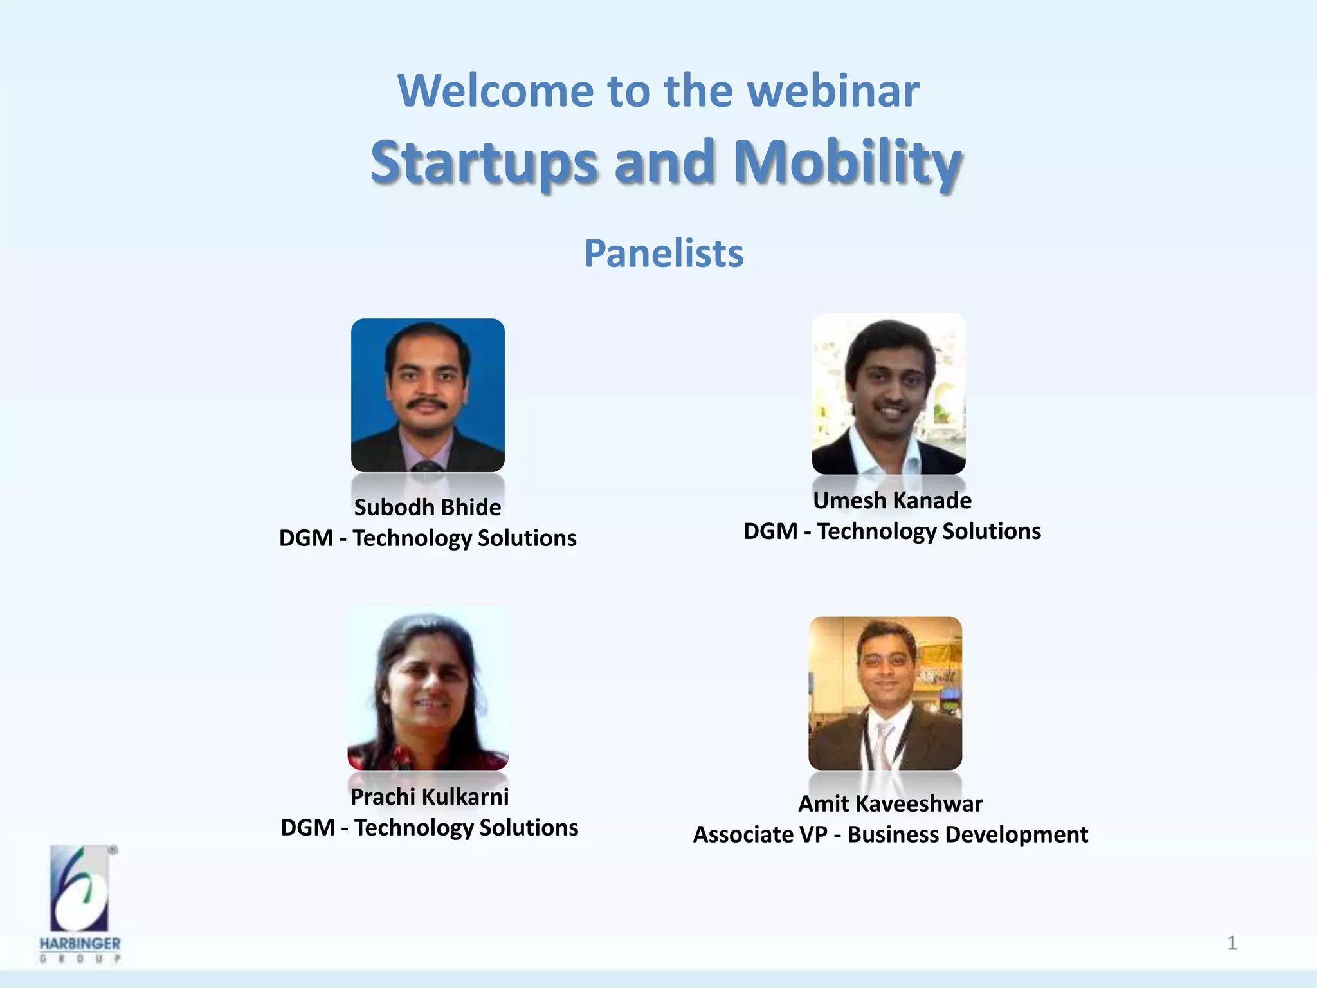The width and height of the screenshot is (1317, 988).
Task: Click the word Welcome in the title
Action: pyautogui.click(x=495, y=91)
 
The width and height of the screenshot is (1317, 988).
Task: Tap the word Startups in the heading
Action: pyautogui.click(x=484, y=161)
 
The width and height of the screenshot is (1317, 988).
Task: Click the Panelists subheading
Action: pyautogui.click(x=664, y=253)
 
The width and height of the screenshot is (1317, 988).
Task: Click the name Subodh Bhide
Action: pyautogui.click(x=428, y=508)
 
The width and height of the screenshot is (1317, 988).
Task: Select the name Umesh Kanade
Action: pyautogui.click(x=892, y=500)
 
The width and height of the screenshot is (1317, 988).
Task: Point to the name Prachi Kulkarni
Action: pyautogui.click(x=429, y=797)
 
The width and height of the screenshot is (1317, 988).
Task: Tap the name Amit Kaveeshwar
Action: pyautogui.click(x=890, y=804)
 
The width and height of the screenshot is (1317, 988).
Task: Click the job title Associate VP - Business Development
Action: pyautogui.click(x=890, y=835)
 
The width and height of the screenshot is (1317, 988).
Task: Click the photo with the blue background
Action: pyautogui.click(x=428, y=395)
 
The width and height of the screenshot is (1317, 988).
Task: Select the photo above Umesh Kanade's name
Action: pyautogui.click(x=889, y=394)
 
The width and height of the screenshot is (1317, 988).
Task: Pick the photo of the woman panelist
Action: pyautogui.click(x=428, y=688)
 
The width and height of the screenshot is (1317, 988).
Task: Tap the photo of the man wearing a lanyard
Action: pyautogui.click(x=885, y=693)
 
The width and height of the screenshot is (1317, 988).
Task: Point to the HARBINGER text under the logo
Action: pyautogui.click(x=80, y=944)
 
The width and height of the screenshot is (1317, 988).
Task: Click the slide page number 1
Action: pyautogui.click(x=1231, y=943)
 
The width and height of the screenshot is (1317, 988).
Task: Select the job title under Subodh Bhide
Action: pyautogui.click(x=428, y=538)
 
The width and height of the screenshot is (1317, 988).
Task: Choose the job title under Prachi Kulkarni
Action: pyautogui.click(x=429, y=828)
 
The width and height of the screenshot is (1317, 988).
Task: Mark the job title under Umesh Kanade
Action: pyautogui.click(x=892, y=531)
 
